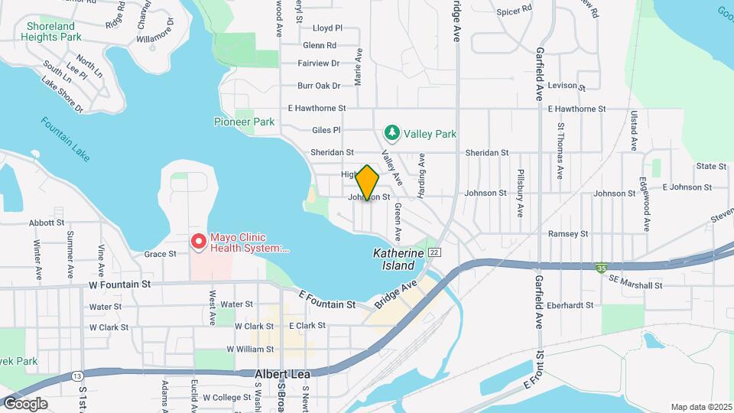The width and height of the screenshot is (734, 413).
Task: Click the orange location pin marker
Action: tap(368, 182)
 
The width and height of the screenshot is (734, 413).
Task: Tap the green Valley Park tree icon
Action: tap(392, 134)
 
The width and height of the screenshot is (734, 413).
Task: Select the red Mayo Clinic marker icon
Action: tap(199, 242)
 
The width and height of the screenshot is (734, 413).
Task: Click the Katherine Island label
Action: tap(394, 259)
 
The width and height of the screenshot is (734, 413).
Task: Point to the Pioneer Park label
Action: tap(244, 122)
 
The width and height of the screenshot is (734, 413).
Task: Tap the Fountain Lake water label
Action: tap(66, 138)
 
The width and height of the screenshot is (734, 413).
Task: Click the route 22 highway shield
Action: tap(434, 252)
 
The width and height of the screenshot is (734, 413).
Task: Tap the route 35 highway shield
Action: tap(602, 268)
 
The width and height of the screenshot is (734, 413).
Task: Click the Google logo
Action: tap(24, 404)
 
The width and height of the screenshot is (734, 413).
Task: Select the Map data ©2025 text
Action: tap(700, 407)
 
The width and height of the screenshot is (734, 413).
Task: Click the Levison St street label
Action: tap(566, 86)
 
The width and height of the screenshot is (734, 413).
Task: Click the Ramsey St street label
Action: tap(568, 233)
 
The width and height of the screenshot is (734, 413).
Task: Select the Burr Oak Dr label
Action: tap(318, 86)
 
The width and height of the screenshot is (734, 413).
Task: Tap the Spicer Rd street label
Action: tap(514, 11)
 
